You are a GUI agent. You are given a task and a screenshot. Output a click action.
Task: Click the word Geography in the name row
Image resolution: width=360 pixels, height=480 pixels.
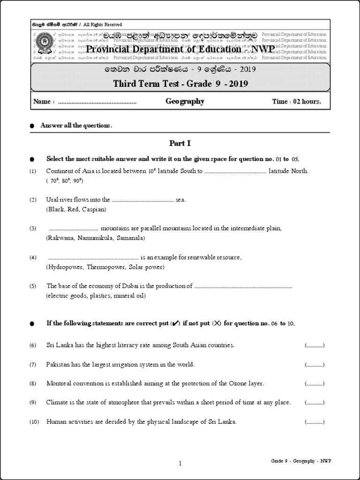pyautogui.click(x=185, y=101)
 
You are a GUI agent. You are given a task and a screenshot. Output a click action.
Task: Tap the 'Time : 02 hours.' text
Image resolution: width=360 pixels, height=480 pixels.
pyautogui.click(x=296, y=102)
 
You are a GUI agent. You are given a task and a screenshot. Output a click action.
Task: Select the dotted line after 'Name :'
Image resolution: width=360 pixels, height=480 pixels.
pyautogui.click(x=97, y=102)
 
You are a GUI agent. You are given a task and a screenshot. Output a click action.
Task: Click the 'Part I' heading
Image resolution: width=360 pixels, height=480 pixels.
pyautogui.click(x=180, y=143)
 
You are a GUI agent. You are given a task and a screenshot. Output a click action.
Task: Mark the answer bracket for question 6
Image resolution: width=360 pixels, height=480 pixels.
pyautogui.click(x=314, y=345)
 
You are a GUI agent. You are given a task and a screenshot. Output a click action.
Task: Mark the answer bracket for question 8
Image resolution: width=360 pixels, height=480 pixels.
pyautogui.click(x=314, y=383)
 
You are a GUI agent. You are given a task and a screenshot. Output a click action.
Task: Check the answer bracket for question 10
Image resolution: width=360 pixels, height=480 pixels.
pyautogui.click(x=314, y=422)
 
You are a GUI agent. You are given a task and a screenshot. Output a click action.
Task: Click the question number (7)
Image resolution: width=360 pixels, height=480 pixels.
pyautogui.click(x=33, y=364)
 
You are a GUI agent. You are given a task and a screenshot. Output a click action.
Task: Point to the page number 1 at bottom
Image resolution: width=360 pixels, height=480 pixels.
pyautogui.click(x=180, y=464)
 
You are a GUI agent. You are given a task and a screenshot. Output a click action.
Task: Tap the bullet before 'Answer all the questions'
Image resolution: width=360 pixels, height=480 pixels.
pyautogui.click(x=32, y=126)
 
